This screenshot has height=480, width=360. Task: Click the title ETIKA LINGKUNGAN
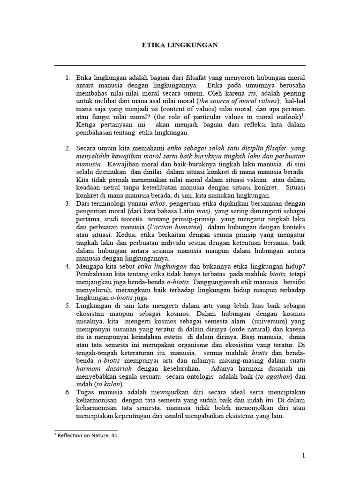click(x=180, y=45)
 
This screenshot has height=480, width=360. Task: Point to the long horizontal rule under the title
click(x=180, y=65)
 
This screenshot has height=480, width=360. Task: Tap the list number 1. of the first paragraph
click(x=68, y=77)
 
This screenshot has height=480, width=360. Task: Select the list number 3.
click(x=68, y=204)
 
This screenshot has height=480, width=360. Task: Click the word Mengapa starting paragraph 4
click(x=90, y=267)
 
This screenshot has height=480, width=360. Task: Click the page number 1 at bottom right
click(x=303, y=456)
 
